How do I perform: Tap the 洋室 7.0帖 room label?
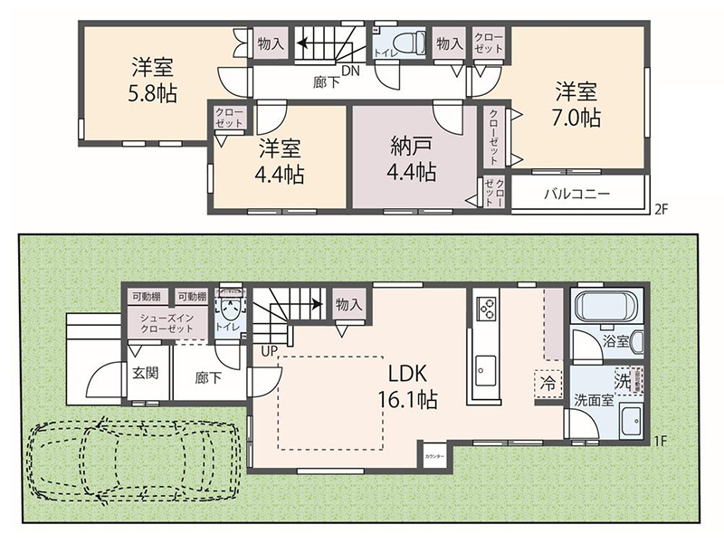coord(576,103)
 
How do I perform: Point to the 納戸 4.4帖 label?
coord(413,158)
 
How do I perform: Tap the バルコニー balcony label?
coord(576,193)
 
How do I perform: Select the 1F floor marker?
coord(661,441)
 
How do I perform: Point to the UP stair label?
coord(269,349)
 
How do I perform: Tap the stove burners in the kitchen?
coord(487,310)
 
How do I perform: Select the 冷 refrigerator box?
coord(548,383)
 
